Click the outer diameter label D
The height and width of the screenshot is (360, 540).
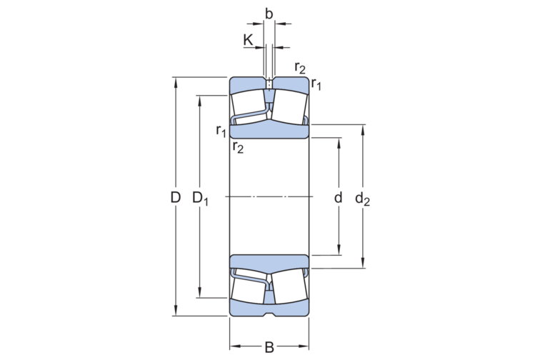(x=175, y=197)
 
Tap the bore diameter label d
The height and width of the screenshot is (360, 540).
(x=338, y=197)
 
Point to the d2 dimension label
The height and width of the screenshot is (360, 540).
(x=363, y=199)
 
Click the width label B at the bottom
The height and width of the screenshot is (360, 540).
(x=269, y=348)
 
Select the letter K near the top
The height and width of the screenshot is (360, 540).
(x=248, y=39)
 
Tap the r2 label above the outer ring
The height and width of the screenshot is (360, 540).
(x=300, y=68)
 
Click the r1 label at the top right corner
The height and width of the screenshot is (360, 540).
(x=316, y=85)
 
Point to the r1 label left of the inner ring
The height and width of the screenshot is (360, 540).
(x=221, y=130)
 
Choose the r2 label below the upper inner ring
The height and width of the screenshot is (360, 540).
(x=238, y=147)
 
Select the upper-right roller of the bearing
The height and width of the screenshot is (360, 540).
(x=289, y=104)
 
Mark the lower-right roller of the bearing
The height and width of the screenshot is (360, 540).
(x=289, y=287)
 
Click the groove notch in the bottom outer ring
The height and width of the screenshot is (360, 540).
(x=269, y=314)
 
